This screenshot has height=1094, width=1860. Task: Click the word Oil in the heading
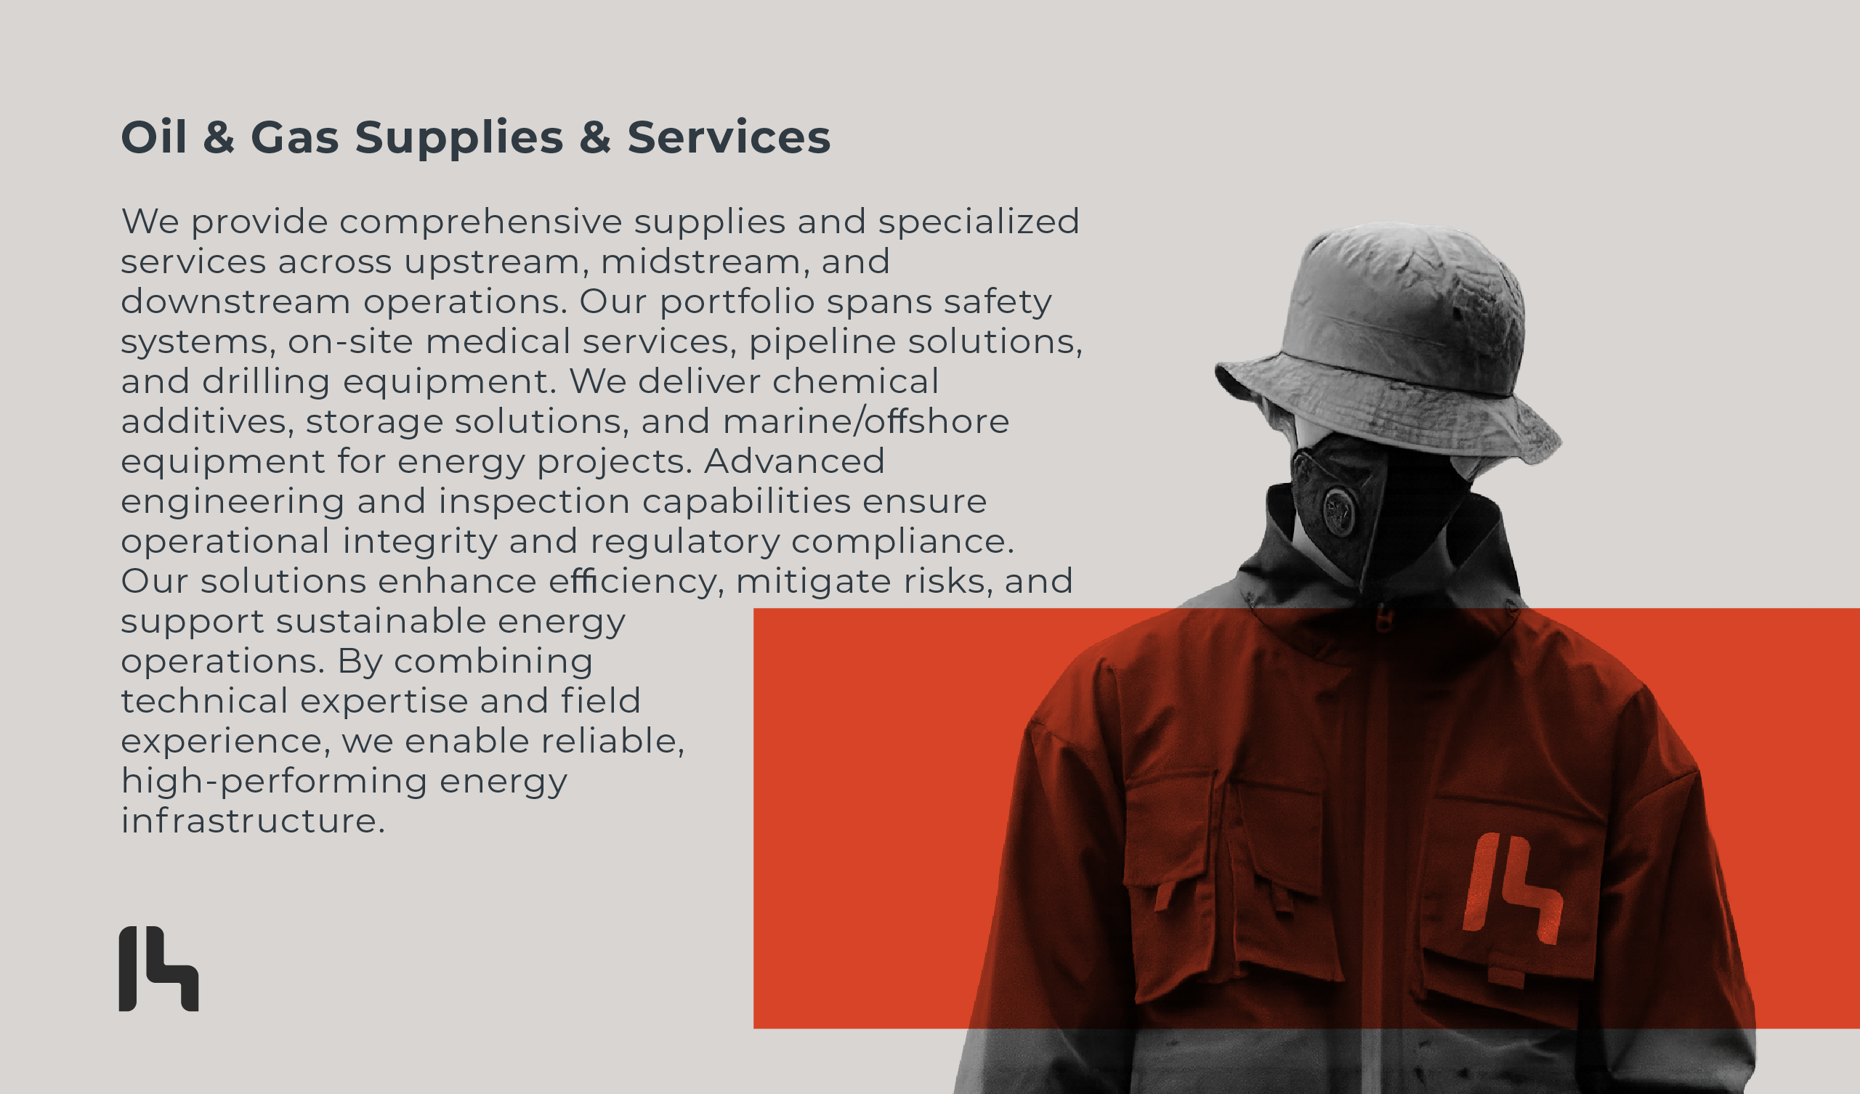pos(153,137)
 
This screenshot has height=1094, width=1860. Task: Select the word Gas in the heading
pos(294,137)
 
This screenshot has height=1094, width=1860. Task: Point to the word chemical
pos(855,381)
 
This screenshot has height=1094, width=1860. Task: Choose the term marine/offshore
pos(866,421)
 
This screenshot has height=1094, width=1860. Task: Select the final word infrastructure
pos(252,821)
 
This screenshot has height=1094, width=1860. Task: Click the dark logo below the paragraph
pos(158,968)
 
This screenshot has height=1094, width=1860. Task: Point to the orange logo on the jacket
pos(1513,888)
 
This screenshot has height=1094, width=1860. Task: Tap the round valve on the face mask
pos(1338,510)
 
